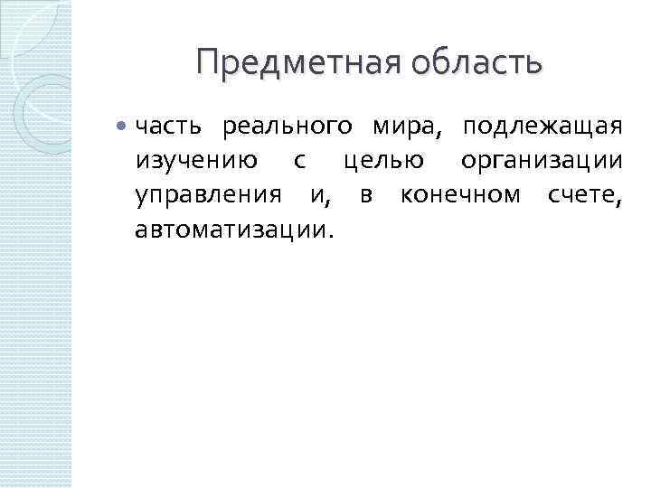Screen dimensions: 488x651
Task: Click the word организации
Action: coord(541,162)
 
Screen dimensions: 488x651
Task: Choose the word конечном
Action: coord(460,194)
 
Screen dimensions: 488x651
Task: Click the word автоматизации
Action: coord(231,228)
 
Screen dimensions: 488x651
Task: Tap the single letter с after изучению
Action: coord(299,163)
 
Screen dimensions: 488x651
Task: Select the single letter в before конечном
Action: coord(365,195)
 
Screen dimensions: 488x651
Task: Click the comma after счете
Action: coord(618,201)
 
